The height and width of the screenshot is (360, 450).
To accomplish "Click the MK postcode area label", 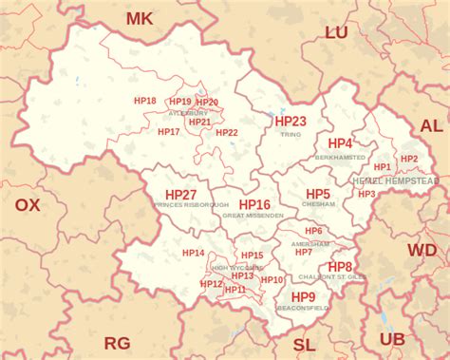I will [x=140, y=18].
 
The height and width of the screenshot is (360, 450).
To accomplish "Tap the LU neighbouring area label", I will [x=337, y=32].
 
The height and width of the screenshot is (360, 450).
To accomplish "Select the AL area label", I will [x=431, y=125].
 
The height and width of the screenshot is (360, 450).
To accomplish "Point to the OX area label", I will [x=28, y=204].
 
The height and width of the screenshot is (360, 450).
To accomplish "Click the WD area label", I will [x=422, y=250].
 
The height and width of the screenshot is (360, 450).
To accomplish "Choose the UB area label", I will [x=391, y=339].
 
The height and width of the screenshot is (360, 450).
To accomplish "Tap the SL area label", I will [x=304, y=344].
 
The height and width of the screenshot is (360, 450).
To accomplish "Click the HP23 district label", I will [x=291, y=122].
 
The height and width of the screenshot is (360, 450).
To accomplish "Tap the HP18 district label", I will [x=145, y=100].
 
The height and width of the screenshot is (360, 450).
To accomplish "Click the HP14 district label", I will [x=194, y=253].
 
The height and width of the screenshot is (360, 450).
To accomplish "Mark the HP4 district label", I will [x=340, y=142].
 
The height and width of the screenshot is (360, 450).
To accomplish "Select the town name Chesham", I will [x=318, y=204].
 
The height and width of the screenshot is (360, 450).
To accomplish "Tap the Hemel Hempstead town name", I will [x=395, y=180].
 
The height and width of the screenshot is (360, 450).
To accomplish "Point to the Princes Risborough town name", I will [x=191, y=205].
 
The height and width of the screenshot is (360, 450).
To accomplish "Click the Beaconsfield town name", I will [x=304, y=308].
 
